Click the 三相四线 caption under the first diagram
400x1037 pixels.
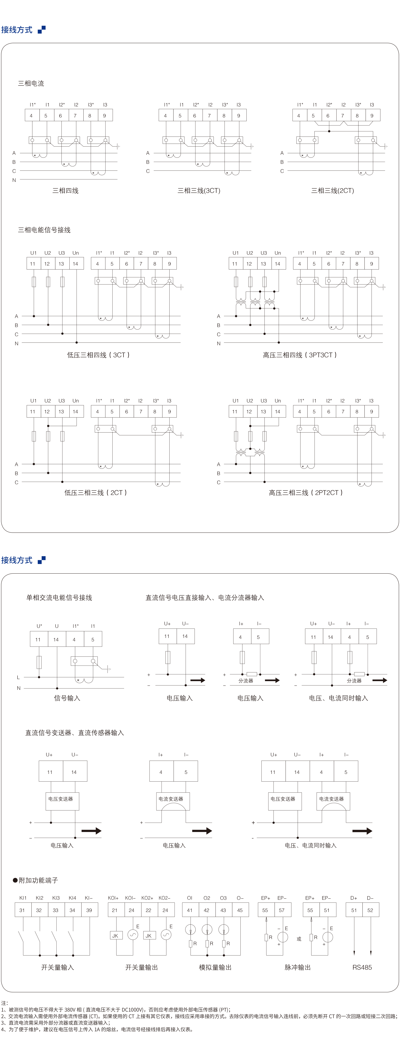point(65,190)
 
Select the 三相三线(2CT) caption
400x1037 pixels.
point(332,190)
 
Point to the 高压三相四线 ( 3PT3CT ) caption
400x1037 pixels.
point(300,355)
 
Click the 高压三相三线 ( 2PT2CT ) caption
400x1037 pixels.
point(306,492)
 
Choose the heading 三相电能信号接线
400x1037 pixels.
point(44,230)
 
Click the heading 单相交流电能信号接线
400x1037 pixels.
point(59,597)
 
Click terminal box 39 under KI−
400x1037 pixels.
point(89,910)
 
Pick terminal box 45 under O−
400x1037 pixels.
point(240,910)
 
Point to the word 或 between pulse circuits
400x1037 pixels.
point(299,939)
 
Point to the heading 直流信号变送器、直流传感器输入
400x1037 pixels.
point(75,733)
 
